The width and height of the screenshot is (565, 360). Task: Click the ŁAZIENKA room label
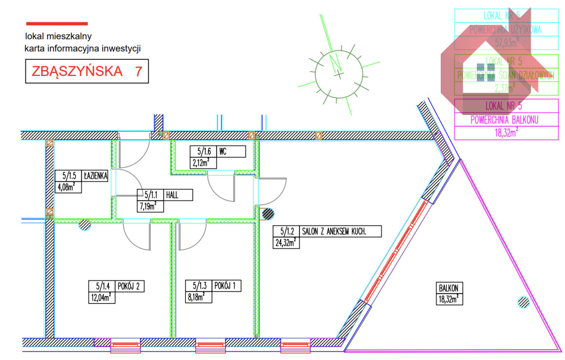coord(96,176)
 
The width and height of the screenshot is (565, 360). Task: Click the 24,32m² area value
coord(285,243)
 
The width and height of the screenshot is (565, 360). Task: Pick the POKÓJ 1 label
coord(227,286)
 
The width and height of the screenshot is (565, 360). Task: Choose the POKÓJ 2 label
coord(130,286)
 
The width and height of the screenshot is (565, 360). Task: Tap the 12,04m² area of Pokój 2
coord(101,297)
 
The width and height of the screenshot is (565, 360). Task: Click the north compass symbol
coord(339,74)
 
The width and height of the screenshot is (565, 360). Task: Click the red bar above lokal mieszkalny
coord(57,23)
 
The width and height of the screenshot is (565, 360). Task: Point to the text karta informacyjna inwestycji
coord(83,48)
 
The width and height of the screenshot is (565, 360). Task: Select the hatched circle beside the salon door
coord(267,214)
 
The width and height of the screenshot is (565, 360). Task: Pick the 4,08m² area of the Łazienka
coord(66,187)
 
